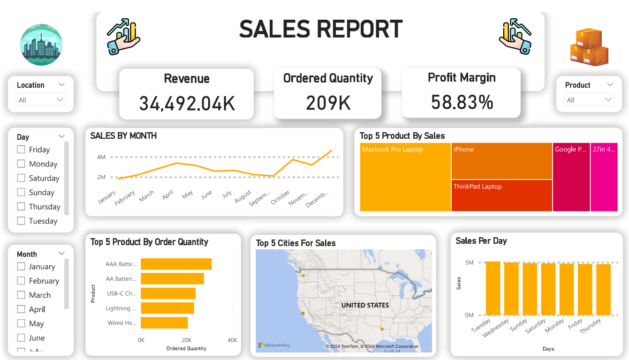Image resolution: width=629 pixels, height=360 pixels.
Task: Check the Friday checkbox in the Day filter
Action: (x=21, y=150)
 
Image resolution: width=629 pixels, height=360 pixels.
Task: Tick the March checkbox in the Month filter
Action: (x=21, y=295)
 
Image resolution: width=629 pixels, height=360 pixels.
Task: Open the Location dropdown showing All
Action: (x=41, y=100)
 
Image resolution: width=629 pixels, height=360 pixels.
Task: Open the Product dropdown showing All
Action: (x=589, y=100)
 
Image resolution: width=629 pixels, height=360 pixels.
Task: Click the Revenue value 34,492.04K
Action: (x=187, y=104)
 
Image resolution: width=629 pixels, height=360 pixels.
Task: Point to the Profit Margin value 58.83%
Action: (x=462, y=102)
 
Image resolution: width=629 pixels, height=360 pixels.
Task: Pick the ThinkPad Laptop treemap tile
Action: (x=501, y=196)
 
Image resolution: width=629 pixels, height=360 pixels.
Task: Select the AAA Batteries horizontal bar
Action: (x=176, y=264)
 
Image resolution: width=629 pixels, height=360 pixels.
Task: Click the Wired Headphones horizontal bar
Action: (x=164, y=323)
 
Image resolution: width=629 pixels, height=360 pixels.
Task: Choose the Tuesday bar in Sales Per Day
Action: (x=493, y=288)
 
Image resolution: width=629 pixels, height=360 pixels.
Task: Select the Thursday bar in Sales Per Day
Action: (x=604, y=290)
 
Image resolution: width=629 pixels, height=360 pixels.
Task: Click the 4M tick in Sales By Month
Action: (x=101, y=157)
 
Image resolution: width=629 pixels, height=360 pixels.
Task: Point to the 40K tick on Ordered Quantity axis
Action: (x=232, y=340)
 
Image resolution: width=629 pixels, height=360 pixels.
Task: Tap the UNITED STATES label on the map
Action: (x=365, y=305)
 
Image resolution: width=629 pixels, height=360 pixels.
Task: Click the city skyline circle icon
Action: (x=41, y=45)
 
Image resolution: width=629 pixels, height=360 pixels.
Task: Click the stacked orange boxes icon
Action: (x=589, y=47)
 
